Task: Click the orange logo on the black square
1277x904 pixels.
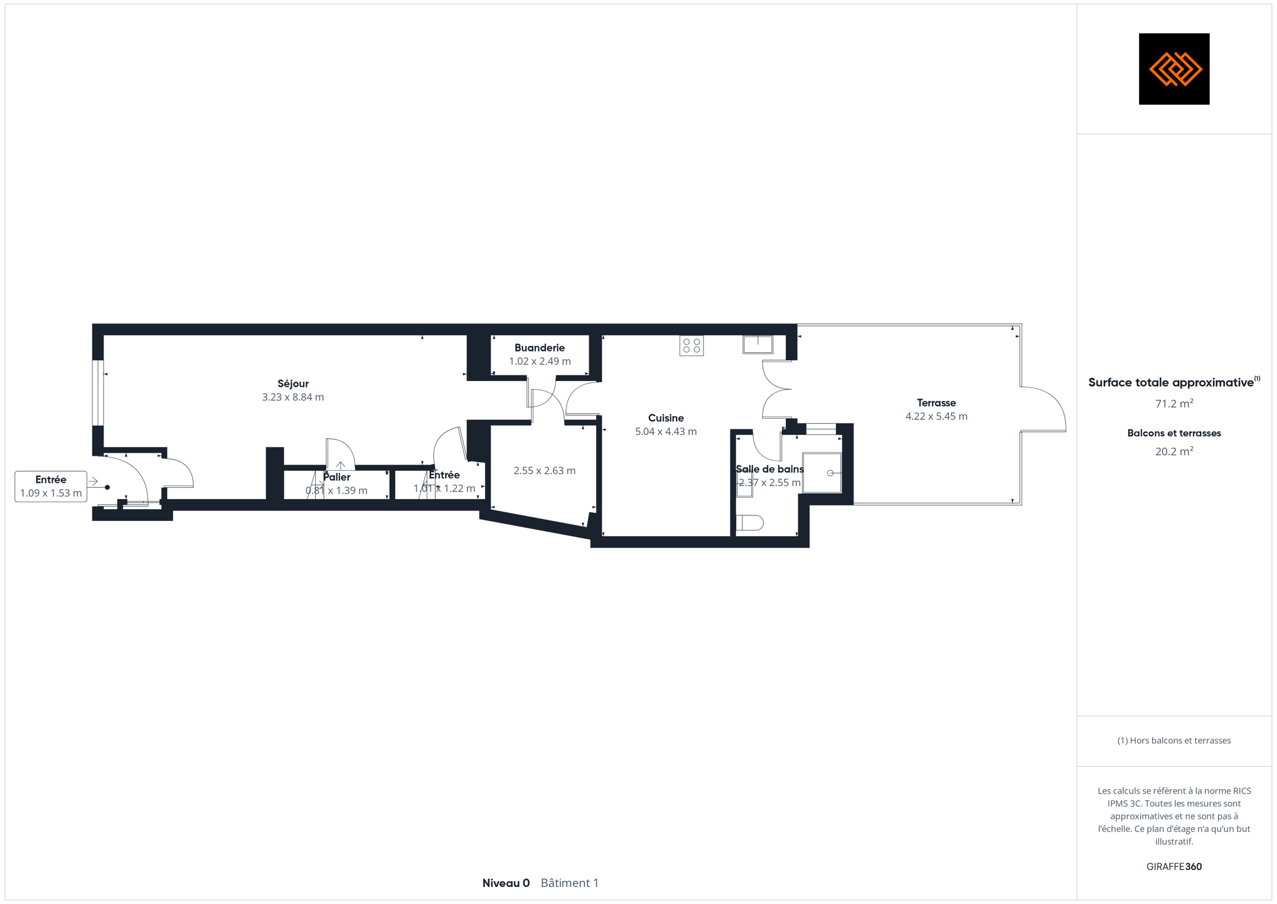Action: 1175,69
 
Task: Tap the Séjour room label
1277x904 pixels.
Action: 293,384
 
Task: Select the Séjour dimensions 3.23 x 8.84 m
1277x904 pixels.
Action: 293,397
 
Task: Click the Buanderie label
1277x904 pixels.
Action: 540,348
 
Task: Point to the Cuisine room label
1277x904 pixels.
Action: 666,418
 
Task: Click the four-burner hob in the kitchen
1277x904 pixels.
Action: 692,346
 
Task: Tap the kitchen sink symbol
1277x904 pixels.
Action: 758,345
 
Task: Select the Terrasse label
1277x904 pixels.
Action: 936,403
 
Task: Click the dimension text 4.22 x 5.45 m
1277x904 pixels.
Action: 936,416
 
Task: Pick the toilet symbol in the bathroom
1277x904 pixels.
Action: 749,522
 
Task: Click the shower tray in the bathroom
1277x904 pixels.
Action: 822,473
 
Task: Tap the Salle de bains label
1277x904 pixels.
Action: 769,469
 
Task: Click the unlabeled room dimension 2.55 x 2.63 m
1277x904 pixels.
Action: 544,471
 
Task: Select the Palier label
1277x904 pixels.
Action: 337,477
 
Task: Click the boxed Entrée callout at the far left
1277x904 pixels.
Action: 51,487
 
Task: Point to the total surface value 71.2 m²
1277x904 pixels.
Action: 1174,404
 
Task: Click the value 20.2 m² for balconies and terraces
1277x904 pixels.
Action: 1174,451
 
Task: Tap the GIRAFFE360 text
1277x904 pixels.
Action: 1174,866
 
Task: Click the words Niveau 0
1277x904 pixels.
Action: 506,883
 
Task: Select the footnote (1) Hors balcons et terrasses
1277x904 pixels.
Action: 1174,741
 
